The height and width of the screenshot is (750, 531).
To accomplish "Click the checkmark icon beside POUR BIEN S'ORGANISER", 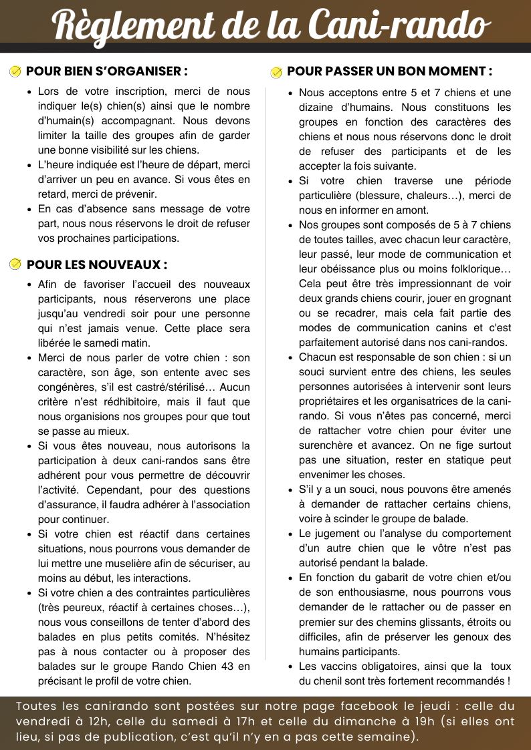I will pos(16,71).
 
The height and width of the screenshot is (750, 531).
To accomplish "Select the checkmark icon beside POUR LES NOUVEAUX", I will pos(16,265).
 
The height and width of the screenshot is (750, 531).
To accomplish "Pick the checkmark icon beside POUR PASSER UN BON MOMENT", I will pos(276,71).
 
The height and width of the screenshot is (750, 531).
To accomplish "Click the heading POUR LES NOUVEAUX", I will pos(97,265).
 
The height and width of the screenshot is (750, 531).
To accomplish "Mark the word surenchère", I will pos(328,445).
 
